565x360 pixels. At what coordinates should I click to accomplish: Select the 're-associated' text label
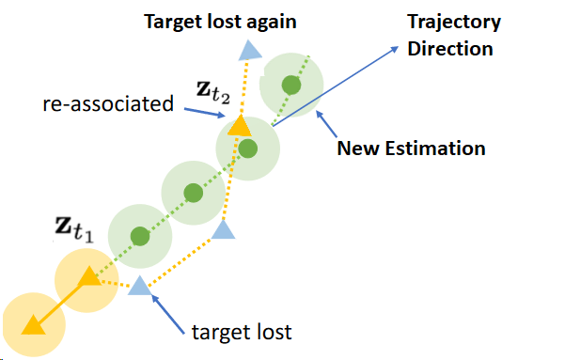click(x=108, y=103)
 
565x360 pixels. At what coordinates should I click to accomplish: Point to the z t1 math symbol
click(x=71, y=228)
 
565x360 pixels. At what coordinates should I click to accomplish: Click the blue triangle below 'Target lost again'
click(x=249, y=52)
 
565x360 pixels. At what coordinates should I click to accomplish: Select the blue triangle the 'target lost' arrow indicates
click(x=139, y=285)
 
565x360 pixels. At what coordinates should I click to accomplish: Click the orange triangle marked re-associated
click(x=239, y=126)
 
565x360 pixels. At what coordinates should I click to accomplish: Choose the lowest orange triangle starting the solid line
click(x=32, y=324)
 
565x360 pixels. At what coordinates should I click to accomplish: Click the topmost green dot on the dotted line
click(x=291, y=86)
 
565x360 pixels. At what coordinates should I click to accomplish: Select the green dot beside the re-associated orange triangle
click(x=247, y=148)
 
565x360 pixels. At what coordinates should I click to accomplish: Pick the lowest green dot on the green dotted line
click(x=139, y=235)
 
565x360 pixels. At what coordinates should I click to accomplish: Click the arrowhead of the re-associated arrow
click(x=225, y=117)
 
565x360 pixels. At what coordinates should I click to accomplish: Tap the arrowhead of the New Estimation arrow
click(x=322, y=114)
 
